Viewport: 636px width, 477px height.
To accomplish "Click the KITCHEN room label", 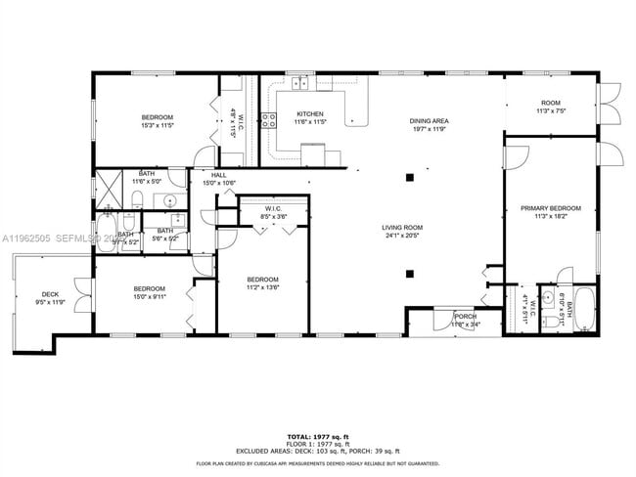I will pyautogui.click(x=310, y=114).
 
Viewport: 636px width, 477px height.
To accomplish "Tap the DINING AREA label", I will pyautogui.click(x=428, y=121).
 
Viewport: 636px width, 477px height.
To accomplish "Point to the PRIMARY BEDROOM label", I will pyautogui.click(x=550, y=208).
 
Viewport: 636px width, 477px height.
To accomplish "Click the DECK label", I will pyautogui.click(x=50, y=294).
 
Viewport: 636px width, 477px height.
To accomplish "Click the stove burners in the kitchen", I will pyautogui.click(x=268, y=121).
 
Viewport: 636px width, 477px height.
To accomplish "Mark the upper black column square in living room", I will pyautogui.click(x=410, y=177).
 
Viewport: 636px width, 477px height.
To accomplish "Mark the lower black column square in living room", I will pyautogui.click(x=410, y=274).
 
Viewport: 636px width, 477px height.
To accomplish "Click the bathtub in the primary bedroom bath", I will pyautogui.click(x=584, y=310).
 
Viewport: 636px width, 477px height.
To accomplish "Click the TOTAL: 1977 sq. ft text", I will pyautogui.click(x=317, y=437).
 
